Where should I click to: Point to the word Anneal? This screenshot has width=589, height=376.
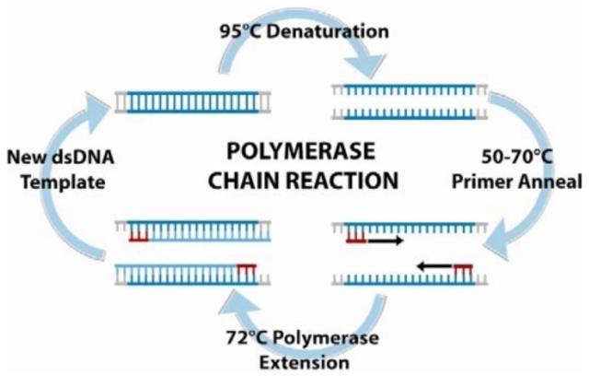coord(558,182)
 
